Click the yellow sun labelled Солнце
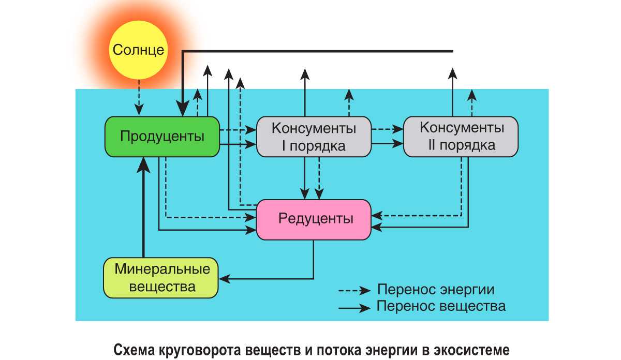(138, 50)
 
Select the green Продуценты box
(162, 137)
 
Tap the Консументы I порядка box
(314, 137)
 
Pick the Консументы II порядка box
(461, 136)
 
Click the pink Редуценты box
(314, 219)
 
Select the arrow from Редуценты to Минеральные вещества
(269, 279)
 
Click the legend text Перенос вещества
(441, 306)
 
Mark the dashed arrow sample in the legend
(354, 290)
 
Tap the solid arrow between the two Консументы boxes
(387, 142)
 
